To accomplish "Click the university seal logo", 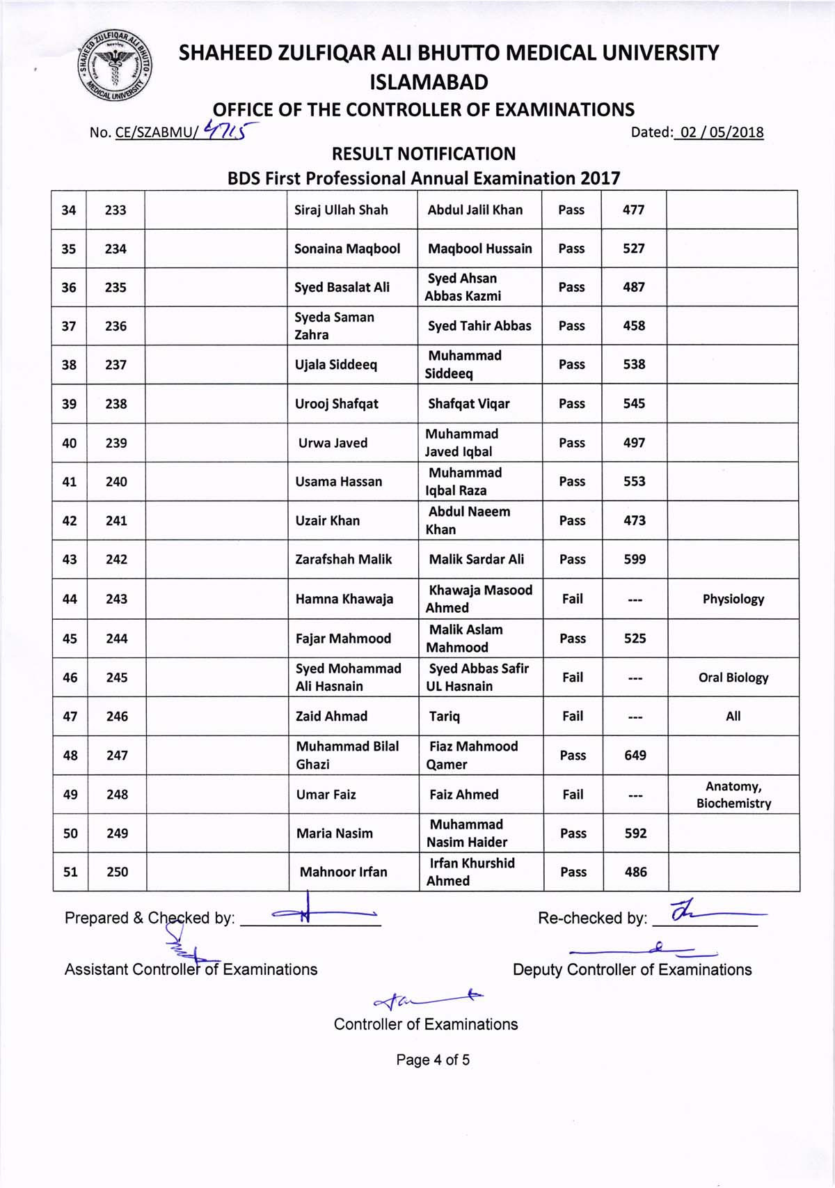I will [x=115, y=67].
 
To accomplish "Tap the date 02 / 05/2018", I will [x=722, y=132].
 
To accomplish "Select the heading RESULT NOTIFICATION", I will [x=424, y=154].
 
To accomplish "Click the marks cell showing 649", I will [x=635, y=755].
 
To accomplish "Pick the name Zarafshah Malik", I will [x=343, y=559].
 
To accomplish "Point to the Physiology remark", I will [x=733, y=599].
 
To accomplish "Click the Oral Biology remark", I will [x=733, y=678].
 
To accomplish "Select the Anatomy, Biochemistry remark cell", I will [x=733, y=795].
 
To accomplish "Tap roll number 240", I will [x=116, y=481].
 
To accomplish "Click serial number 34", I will [x=68, y=210].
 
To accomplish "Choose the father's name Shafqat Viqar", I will [x=468, y=404].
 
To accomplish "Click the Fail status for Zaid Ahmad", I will [x=573, y=716].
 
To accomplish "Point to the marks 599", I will [x=634, y=559].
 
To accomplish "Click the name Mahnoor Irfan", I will [x=343, y=872].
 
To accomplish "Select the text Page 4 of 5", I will [x=433, y=1060].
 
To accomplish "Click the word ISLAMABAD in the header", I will [x=429, y=82].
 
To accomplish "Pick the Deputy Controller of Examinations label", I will [x=632, y=969].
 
